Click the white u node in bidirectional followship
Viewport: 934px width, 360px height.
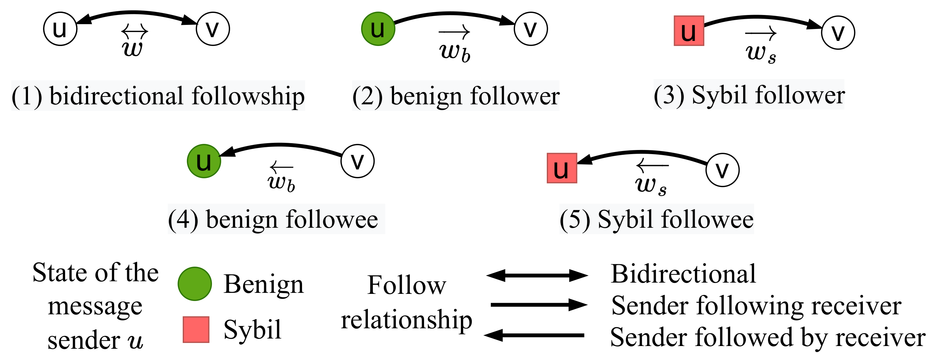tap(60, 29)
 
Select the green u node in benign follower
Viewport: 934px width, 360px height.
tap(378, 29)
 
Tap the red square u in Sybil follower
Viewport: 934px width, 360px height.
tap(689, 31)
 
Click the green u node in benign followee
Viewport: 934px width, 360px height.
tap(204, 161)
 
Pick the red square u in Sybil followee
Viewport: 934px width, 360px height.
tap(562, 168)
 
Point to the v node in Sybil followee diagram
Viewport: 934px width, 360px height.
tap(722, 170)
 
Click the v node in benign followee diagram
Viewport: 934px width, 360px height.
tap(358, 161)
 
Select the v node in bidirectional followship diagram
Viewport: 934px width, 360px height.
tap(213, 29)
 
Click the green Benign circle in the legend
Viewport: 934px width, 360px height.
tap(195, 284)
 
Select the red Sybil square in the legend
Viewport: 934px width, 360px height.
tap(196, 330)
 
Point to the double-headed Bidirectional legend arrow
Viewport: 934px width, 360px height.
tap(537, 275)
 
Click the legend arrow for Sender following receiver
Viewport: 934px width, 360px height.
tap(539, 305)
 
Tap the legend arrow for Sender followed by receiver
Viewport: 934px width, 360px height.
tap(534, 335)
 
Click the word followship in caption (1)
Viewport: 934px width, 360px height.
tap(248, 96)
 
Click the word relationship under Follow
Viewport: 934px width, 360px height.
tap(406, 320)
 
